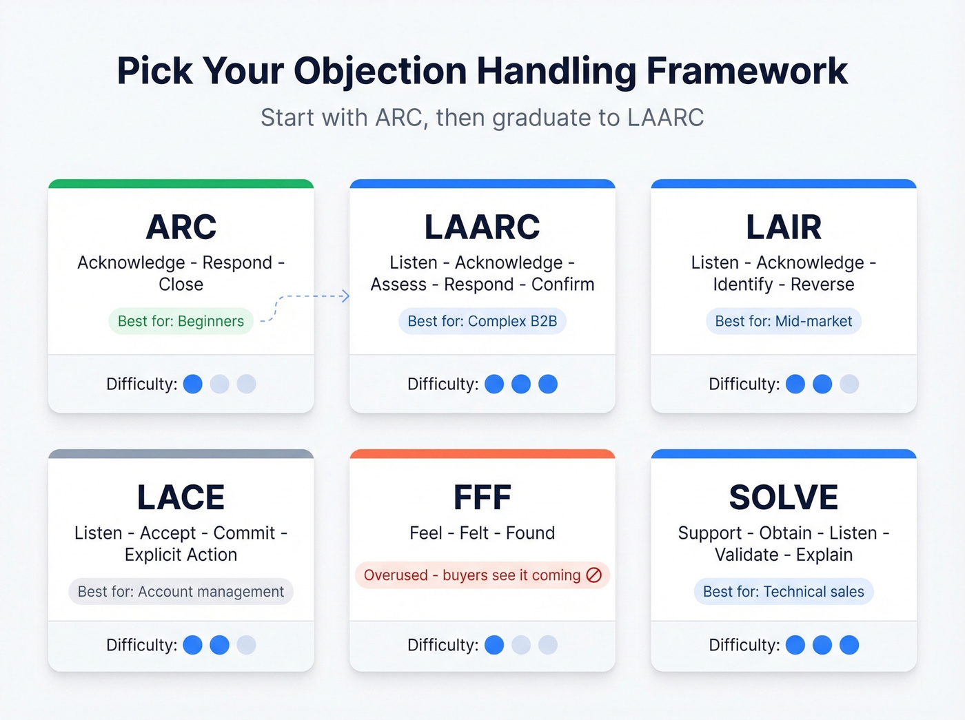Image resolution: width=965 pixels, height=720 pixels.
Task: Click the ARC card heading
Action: point(181,227)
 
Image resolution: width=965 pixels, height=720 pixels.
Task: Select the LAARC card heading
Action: point(482,227)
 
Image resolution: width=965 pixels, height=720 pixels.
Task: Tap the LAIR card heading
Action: point(784,227)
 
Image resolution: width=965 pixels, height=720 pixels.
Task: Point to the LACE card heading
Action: point(181,497)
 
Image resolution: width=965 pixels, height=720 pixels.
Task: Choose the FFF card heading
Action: point(482,497)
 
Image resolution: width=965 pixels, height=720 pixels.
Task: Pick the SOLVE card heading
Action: point(784,497)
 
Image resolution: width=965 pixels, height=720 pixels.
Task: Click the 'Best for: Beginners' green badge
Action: point(181,321)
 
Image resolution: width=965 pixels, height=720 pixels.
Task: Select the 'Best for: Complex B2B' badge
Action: point(482,321)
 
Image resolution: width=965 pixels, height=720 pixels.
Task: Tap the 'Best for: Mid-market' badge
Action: point(784,321)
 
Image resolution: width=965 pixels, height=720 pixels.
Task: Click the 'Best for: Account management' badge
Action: point(181,592)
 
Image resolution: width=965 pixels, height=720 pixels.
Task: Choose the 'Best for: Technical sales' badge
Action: point(784,592)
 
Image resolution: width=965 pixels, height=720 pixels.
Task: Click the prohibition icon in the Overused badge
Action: point(594,575)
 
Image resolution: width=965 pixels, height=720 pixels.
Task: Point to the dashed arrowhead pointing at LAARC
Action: point(346,296)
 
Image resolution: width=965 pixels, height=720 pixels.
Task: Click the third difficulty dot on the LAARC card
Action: point(548,384)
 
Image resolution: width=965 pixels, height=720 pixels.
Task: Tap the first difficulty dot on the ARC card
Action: point(193,384)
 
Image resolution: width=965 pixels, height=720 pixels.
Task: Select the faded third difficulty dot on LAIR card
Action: point(849,384)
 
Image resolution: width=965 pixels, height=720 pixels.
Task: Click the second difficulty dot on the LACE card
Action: point(219,645)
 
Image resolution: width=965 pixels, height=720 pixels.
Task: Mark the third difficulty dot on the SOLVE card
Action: point(849,645)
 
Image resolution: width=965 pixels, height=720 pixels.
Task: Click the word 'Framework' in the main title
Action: point(746,70)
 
